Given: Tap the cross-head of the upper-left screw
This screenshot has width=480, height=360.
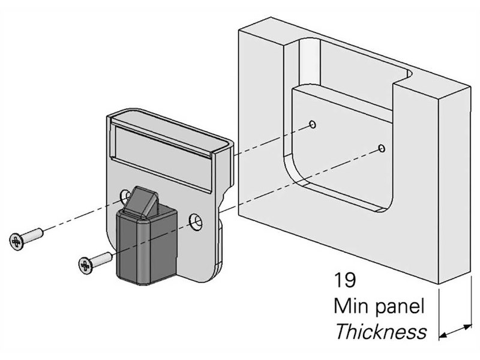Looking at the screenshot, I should point(16,241).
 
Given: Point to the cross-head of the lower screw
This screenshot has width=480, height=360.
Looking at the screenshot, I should point(85,263).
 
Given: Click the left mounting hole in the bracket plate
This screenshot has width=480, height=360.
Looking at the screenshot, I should point(125,196).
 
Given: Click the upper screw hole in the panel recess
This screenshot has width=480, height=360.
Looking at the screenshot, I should point(313,124).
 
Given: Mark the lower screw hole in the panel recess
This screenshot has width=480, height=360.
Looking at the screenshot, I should point(382,148).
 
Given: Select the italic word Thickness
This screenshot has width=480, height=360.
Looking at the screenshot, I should point(380,332).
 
